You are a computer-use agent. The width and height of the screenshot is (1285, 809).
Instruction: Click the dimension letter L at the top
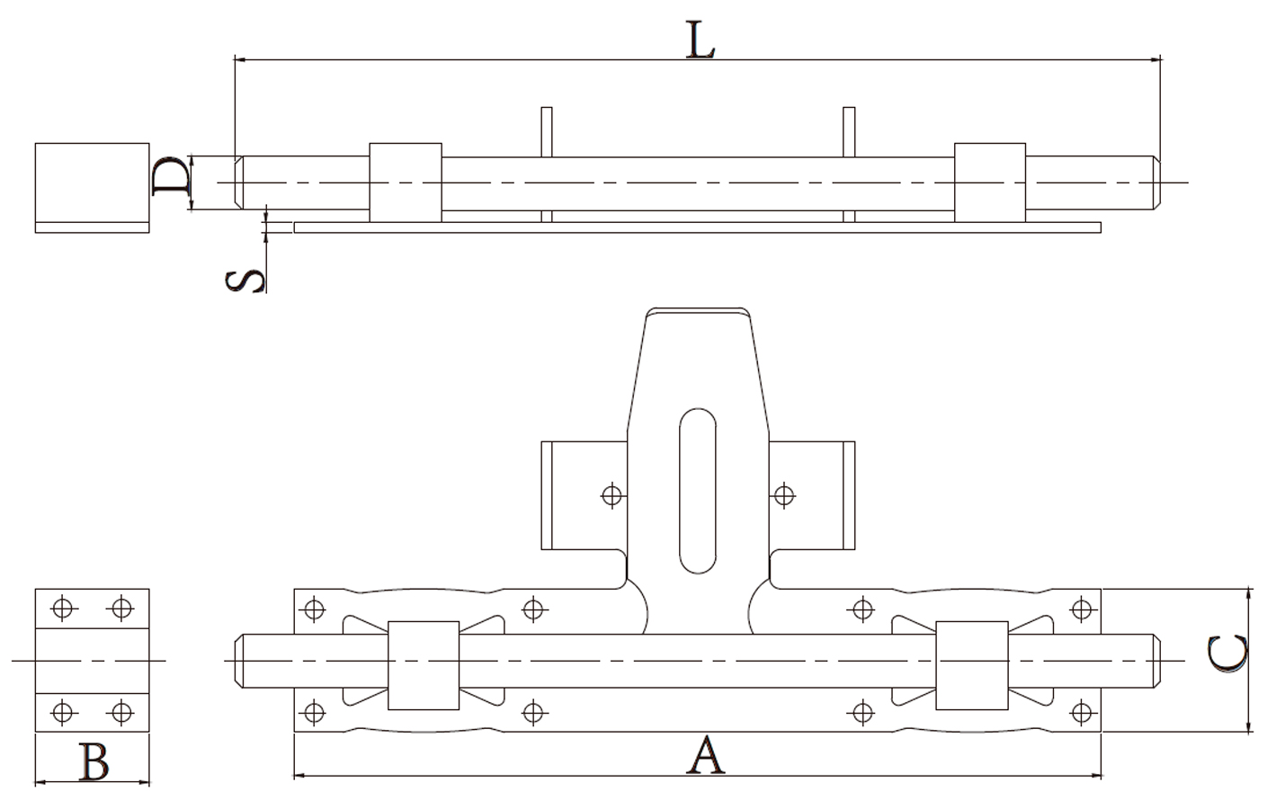701,40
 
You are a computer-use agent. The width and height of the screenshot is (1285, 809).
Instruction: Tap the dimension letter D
171,175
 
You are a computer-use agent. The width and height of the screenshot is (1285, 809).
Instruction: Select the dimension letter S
245,281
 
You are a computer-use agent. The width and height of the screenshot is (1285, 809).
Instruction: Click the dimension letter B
94,762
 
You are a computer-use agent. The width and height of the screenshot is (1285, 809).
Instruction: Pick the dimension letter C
1227,653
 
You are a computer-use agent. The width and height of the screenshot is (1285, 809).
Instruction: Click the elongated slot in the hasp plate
698,491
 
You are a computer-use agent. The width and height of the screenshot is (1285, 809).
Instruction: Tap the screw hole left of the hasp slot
612,494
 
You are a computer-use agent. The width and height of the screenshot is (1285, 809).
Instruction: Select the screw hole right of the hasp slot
784,494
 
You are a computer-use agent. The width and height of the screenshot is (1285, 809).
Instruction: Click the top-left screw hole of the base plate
314,609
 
